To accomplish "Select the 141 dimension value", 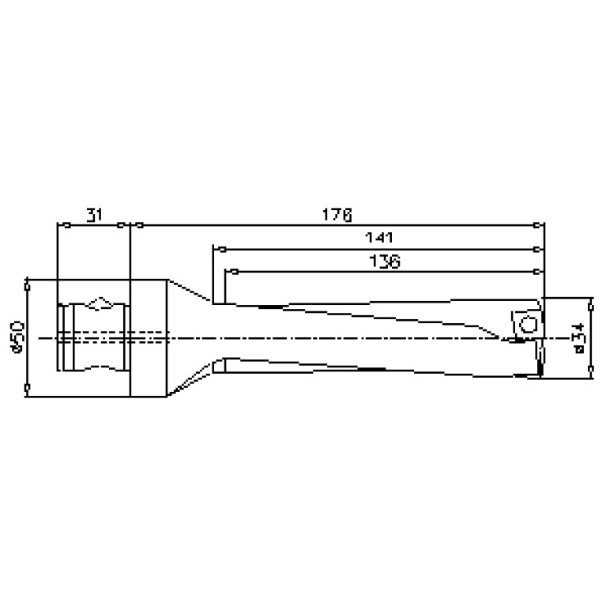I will [x=379, y=238].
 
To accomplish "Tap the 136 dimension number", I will [x=385, y=262].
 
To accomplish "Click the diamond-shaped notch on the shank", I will [x=101, y=303].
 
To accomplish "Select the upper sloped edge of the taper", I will [x=190, y=292].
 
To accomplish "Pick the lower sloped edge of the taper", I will [x=190, y=383].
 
